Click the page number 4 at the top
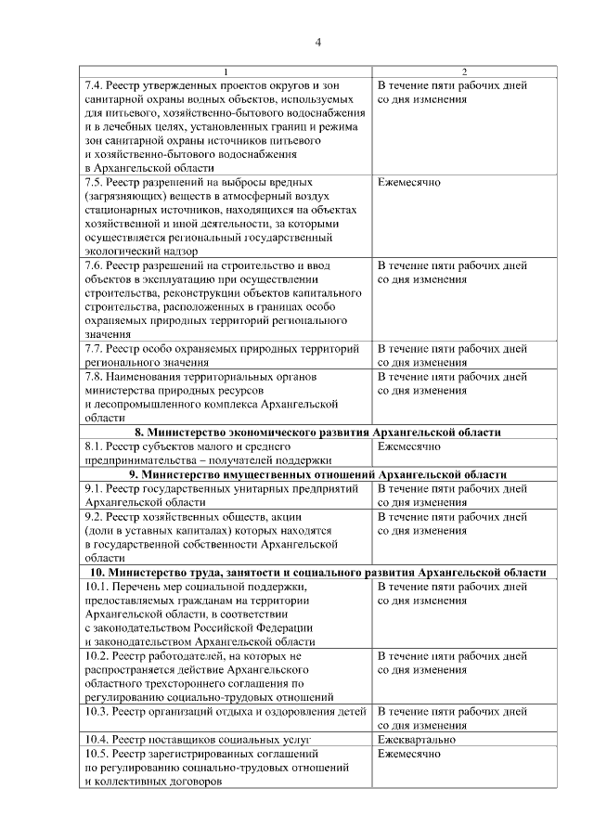317,43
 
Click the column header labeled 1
225,72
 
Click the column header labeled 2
464,72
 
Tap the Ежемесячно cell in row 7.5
409,183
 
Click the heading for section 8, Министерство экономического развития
317,433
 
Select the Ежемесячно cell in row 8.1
409,446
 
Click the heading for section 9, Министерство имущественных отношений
317,474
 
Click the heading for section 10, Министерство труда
317,572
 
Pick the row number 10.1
97,587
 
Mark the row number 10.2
97,656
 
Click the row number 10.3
97,712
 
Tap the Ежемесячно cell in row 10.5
409,754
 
